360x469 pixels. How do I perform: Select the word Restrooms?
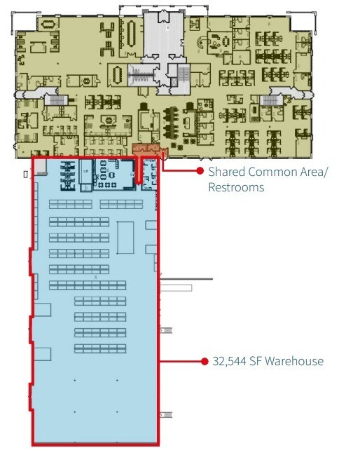click(236, 188)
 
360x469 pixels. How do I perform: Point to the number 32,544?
click(230, 362)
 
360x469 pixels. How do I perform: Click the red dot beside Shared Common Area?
click(200, 171)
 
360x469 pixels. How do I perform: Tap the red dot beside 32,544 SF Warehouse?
click(202, 362)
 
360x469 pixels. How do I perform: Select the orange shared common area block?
click(146, 149)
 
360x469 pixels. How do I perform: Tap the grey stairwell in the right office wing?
click(270, 102)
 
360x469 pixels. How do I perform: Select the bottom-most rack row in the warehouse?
click(99, 348)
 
